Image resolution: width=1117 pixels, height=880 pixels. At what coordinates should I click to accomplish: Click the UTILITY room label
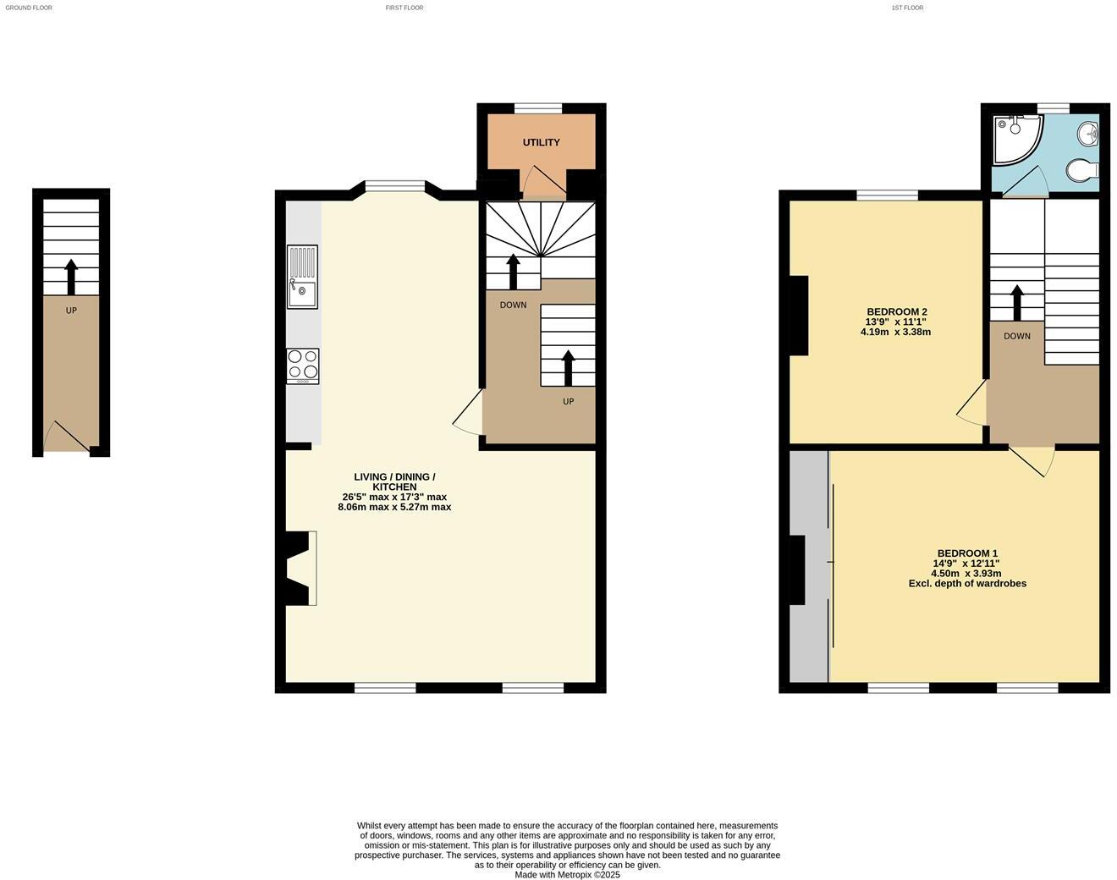541,142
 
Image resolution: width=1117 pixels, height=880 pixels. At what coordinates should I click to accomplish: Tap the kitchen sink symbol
302,277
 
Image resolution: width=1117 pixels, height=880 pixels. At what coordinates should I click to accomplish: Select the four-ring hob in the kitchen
302,366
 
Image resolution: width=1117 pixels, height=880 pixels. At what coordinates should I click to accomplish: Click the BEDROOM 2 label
896,311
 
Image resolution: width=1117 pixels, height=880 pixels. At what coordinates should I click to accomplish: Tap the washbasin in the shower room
1088,133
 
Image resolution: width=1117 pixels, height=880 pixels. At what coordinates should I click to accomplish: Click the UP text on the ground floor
71,311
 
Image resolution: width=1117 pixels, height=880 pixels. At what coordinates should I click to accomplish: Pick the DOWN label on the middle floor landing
513,305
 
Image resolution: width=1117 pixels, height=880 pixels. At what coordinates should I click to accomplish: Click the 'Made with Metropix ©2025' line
567,875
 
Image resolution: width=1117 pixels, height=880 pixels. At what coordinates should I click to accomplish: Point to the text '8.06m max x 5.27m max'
393,508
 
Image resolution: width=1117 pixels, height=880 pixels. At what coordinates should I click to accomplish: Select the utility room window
538,108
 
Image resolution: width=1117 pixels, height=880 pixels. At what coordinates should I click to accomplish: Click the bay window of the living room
394,186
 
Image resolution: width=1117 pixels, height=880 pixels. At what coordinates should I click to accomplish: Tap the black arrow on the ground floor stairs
71,276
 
